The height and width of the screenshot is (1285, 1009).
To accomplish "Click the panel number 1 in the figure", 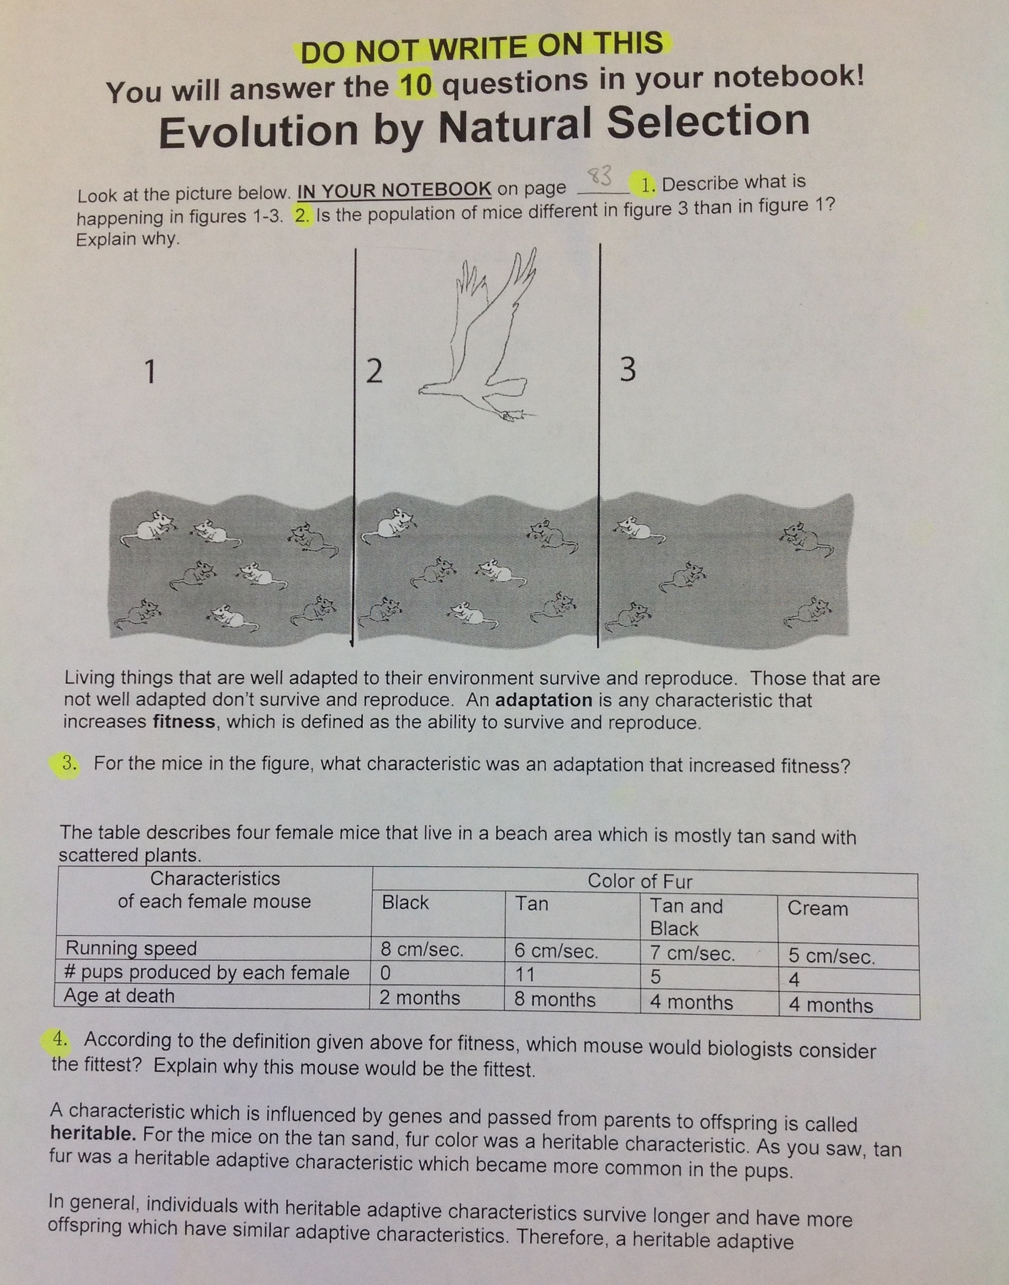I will tap(151, 373).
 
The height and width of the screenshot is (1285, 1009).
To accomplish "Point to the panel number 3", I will tap(628, 370).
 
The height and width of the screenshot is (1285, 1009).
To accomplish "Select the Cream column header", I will tap(818, 908).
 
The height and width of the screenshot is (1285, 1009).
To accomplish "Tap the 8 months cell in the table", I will tap(554, 999).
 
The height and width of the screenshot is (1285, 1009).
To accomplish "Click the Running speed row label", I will tap(131, 948).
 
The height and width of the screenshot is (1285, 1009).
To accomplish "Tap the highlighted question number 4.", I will tap(60, 1038).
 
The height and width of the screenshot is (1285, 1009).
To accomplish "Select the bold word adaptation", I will tap(543, 700).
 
